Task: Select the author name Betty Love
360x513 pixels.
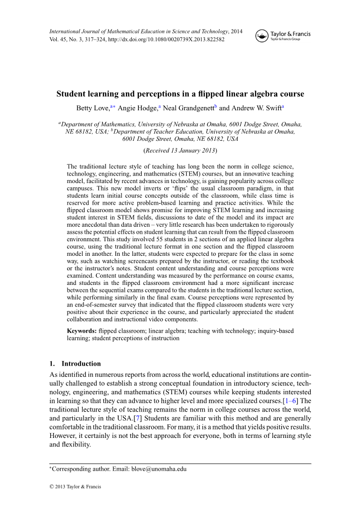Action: [92, 108]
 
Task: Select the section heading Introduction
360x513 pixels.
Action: [81, 364]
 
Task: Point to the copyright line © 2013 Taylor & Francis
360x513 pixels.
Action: [75, 487]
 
